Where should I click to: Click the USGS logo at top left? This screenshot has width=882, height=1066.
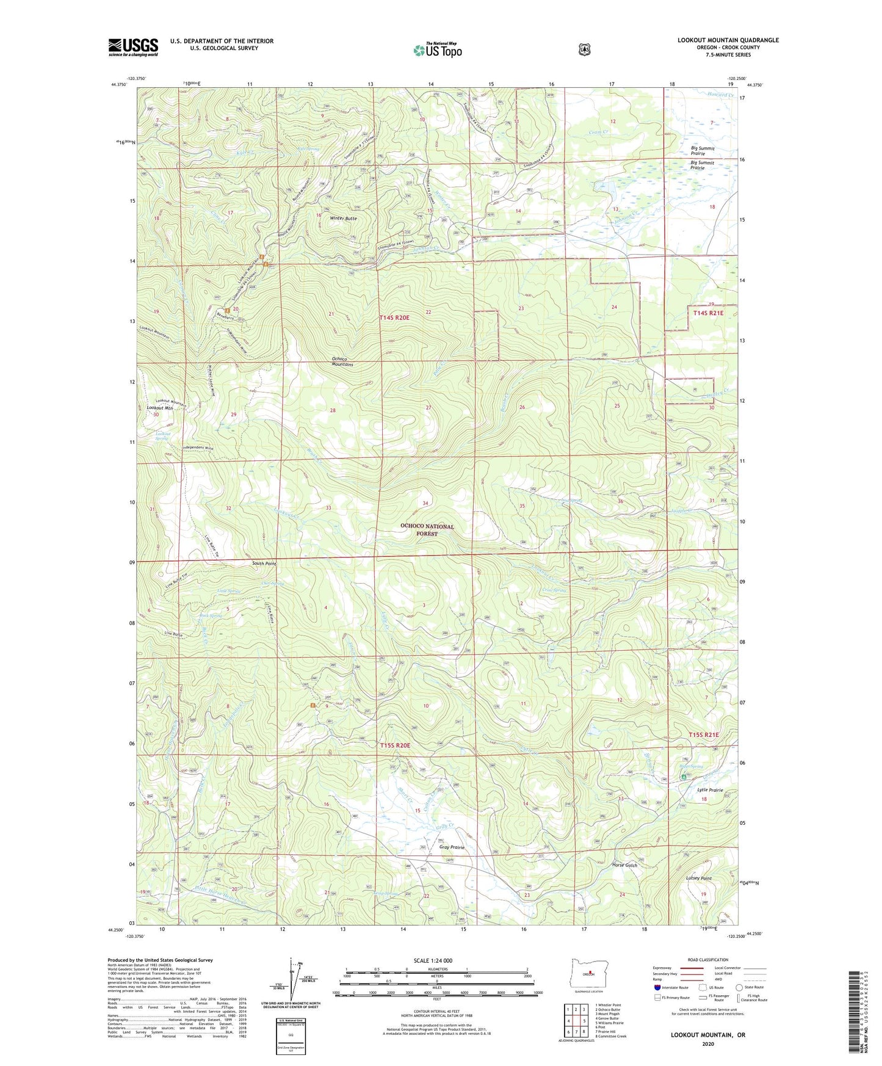coord(133,47)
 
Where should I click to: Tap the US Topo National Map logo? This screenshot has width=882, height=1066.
coord(437,49)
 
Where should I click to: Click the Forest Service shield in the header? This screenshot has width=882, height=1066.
coord(584,49)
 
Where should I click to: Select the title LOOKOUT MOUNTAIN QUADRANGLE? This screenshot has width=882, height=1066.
coord(728,40)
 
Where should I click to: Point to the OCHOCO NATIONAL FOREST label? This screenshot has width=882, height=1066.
coord(427,530)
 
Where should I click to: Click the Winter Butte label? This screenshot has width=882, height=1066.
coord(343,219)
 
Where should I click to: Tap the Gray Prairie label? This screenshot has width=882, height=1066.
coord(452,847)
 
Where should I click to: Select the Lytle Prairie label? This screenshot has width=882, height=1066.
coord(710,790)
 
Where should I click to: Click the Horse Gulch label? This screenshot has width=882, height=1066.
coord(624,865)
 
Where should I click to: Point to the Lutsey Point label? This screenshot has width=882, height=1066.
coord(699,878)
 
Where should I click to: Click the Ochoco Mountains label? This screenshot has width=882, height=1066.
coord(342,361)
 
